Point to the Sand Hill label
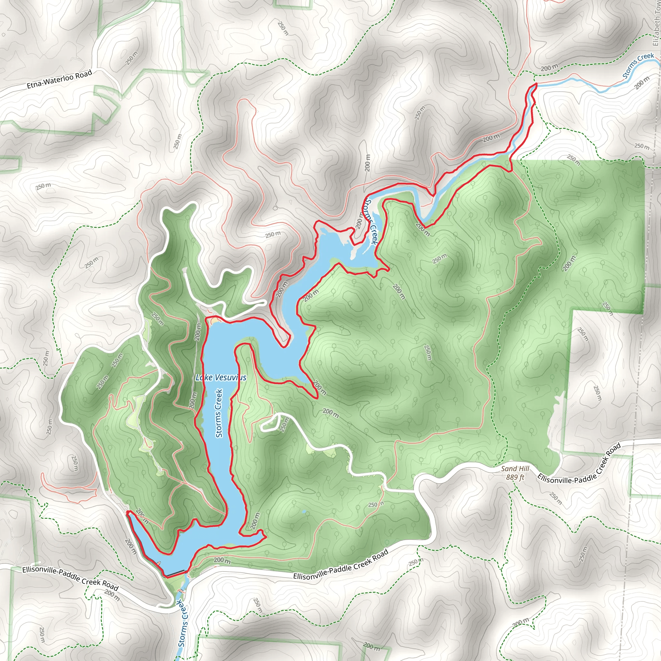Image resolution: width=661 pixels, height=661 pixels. [515, 469]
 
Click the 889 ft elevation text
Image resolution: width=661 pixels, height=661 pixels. [515, 477]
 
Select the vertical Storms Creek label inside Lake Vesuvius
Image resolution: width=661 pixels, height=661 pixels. [219, 413]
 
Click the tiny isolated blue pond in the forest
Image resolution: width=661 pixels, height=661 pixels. [304, 512]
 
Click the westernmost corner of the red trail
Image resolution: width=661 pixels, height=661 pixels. [127, 512]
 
